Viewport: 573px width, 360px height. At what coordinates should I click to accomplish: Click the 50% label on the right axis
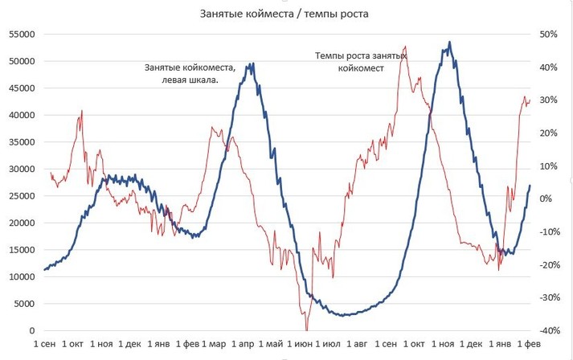[x=549, y=34]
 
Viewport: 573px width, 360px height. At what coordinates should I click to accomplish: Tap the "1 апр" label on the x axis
[x=245, y=344]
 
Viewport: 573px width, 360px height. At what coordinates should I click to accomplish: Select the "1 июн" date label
[x=302, y=344]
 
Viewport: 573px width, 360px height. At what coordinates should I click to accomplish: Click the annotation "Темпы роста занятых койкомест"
[x=361, y=63]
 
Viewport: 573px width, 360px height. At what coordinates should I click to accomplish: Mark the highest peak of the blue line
[x=449, y=43]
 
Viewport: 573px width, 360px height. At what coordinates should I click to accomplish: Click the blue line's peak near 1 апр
[x=252, y=63]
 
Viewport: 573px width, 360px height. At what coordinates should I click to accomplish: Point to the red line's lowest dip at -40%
[x=306, y=329]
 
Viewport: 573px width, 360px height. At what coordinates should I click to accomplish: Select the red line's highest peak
[x=405, y=47]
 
